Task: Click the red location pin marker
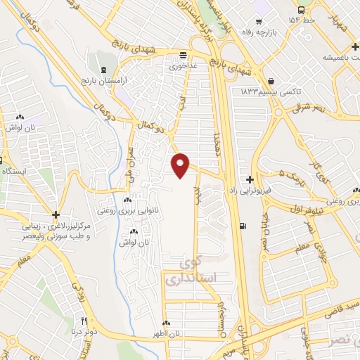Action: [181, 165]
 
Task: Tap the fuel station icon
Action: [243, 226]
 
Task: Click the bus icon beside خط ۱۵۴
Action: [301, 11]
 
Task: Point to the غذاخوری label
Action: [182, 65]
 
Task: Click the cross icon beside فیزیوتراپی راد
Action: [251, 180]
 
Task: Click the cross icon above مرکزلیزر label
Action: [55, 214]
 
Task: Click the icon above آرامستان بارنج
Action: [104, 70]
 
